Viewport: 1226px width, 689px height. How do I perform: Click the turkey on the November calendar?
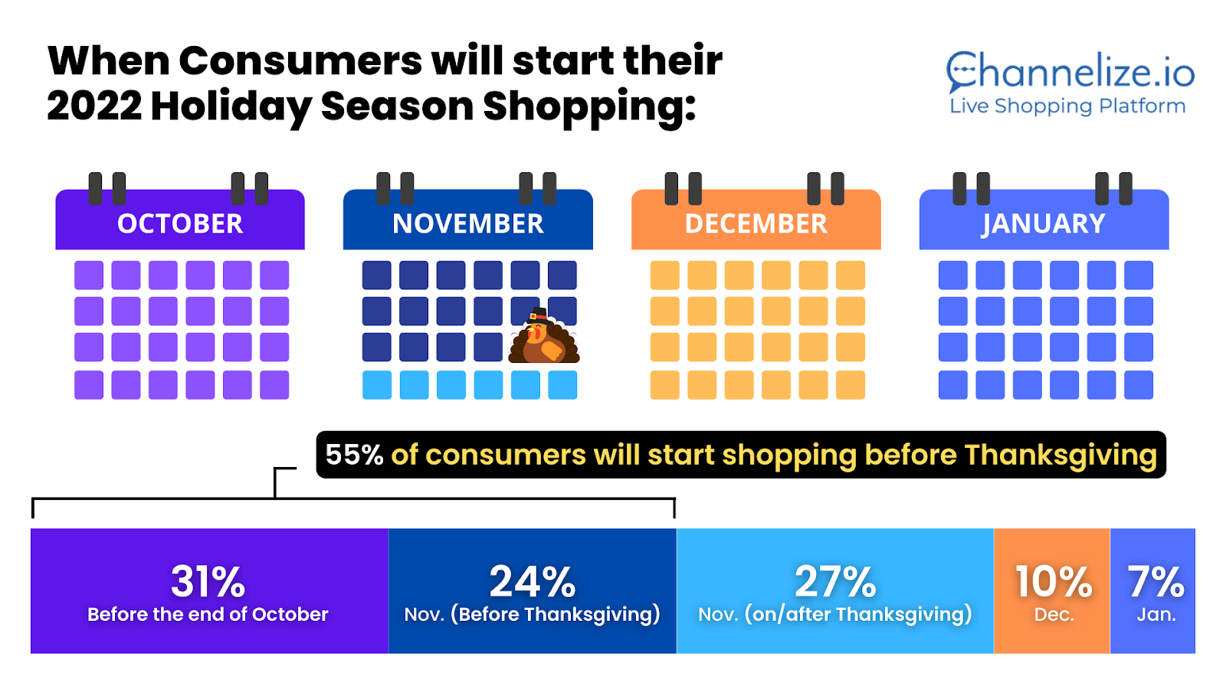[x=544, y=336]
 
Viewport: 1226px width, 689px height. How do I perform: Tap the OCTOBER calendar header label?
[x=180, y=224]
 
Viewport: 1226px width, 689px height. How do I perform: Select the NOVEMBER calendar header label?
[x=468, y=224]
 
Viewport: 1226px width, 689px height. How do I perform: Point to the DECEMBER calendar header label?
[x=756, y=224]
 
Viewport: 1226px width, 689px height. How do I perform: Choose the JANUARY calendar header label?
[x=1043, y=224]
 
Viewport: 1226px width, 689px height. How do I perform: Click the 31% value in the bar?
[x=208, y=581]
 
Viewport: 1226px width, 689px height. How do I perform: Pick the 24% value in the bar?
[x=533, y=581]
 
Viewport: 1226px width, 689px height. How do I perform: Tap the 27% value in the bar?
[x=835, y=581]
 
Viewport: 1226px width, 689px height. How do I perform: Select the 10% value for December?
[x=1054, y=581]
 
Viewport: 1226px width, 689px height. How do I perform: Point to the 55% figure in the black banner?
[x=354, y=455]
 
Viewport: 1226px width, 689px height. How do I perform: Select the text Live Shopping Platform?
[x=1067, y=106]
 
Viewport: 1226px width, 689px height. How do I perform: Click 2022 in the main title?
[x=94, y=106]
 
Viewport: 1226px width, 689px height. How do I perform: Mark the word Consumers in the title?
[x=300, y=60]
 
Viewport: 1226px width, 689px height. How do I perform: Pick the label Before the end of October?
[x=208, y=614]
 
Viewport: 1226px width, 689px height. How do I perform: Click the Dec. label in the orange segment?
[x=1054, y=615]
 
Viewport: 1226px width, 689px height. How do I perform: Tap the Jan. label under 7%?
[x=1156, y=615]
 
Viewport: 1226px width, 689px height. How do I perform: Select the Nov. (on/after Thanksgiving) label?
[x=835, y=615]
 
